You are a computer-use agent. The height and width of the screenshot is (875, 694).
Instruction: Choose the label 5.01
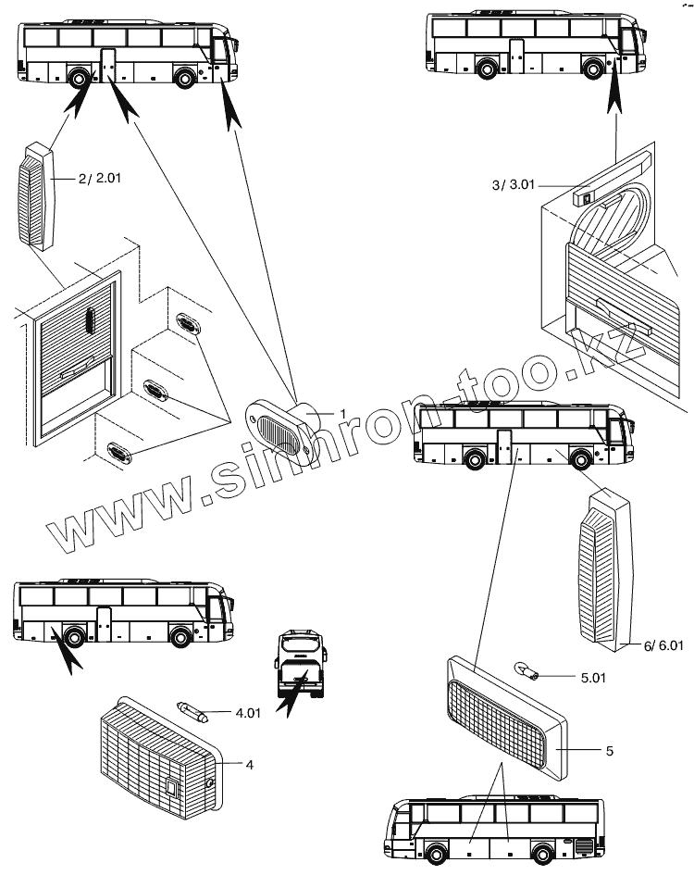coord(595,678)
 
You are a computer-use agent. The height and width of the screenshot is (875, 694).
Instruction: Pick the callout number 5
coord(609,751)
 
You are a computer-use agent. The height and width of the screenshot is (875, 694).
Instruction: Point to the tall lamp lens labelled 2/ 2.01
coord(35,194)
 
